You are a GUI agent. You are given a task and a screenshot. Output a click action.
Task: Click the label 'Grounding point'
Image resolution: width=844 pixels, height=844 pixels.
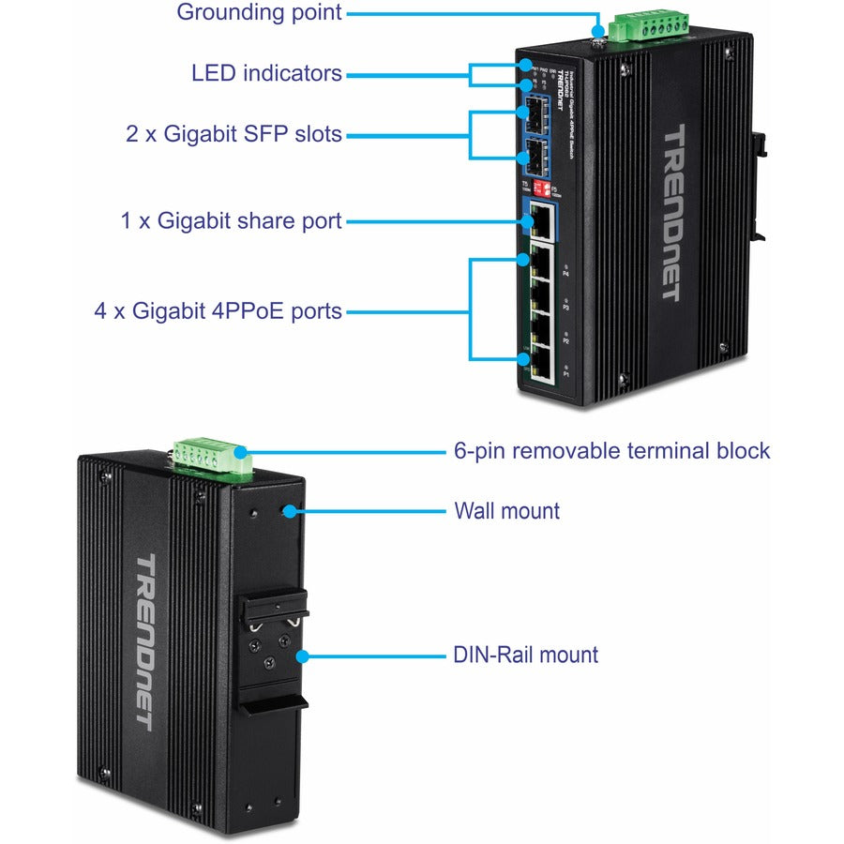click(x=260, y=13)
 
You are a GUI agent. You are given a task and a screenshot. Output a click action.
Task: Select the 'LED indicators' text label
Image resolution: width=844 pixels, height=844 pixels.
click(x=266, y=73)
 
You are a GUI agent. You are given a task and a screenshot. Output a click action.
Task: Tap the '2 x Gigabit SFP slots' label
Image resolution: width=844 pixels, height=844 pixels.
click(x=234, y=134)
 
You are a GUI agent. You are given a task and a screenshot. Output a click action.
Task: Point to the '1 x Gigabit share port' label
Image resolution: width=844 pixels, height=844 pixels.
click(x=232, y=222)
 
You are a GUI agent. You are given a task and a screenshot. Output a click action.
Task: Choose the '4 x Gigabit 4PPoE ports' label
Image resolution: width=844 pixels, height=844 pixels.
click(x=218, y=310)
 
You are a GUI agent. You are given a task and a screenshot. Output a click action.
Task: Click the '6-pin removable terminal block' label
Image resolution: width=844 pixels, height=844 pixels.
click(x=611, y=451)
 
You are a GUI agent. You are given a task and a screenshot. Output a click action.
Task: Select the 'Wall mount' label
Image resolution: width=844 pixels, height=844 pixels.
click(x=506, y=511)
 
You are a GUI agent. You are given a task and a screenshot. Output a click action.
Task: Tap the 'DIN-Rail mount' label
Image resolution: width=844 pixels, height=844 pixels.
click(x=525, y=655)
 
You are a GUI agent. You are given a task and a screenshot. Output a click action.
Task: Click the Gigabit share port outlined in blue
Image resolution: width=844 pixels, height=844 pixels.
click(x=541, y=221)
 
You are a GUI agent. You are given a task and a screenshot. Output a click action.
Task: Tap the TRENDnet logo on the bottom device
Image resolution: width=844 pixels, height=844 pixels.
click(x=144, y=641)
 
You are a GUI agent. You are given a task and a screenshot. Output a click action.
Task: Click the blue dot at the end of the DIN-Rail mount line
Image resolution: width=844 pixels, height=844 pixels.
click(x=302, y=655)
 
